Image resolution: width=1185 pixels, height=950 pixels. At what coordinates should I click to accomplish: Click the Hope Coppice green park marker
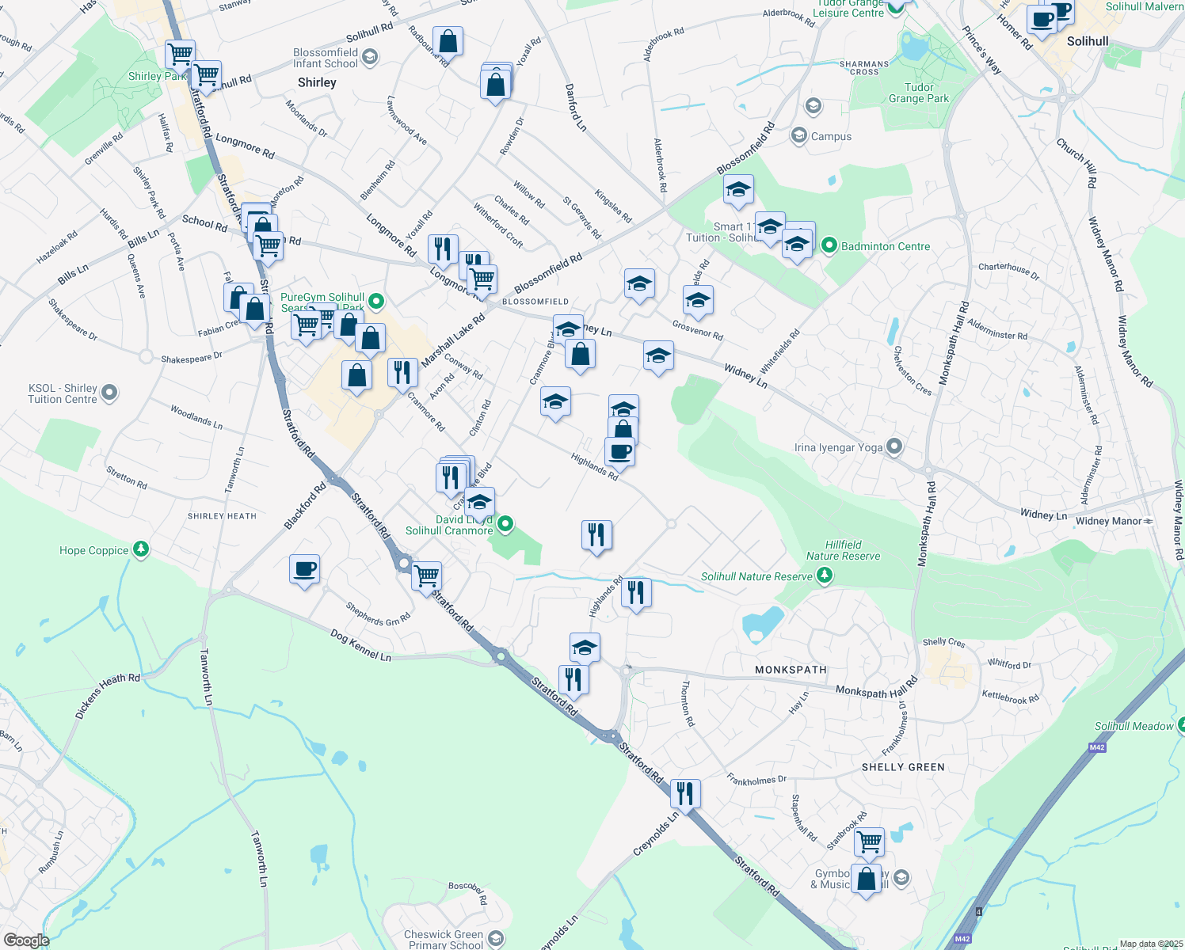[x=141, y=549]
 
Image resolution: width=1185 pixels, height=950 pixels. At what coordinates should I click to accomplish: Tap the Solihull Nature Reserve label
[x=756, y=576]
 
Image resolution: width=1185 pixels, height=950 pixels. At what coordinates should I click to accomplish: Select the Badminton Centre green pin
[x=829, y=246]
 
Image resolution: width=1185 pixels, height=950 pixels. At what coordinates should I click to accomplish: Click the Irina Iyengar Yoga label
[x=838, y=448]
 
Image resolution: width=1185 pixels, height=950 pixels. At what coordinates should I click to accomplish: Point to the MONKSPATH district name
[x=791, y=670]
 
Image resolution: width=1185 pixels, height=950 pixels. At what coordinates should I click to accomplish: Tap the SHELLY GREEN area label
[x=903, y=767]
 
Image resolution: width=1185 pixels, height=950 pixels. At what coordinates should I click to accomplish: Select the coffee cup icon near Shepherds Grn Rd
[x=305, y=569]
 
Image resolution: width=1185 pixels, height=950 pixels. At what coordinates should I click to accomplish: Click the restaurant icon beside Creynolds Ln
[x=685, y=792]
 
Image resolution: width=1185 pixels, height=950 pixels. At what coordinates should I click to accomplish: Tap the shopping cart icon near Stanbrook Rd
[x=869, y=841]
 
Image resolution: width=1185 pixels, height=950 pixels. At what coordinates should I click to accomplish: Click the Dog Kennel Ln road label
[x=360, y=646]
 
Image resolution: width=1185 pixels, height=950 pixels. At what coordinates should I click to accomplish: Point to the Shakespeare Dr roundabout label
[x=192, y=359]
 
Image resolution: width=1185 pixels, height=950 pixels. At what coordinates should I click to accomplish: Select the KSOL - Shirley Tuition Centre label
[x=63, y=393]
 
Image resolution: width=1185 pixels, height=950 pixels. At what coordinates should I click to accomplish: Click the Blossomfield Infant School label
[x=326, y=58]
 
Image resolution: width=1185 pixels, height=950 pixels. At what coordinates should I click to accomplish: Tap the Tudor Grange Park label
[x=919, y=93]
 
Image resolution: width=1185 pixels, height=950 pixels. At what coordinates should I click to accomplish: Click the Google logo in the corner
[x=27, y=940]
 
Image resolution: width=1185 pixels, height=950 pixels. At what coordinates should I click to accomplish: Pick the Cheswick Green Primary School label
[x=444, y=940]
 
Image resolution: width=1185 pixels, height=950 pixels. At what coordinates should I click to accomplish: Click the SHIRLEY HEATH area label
[x=222, y=516]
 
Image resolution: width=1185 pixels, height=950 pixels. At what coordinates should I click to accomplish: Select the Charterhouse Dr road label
[x=1008, y=270]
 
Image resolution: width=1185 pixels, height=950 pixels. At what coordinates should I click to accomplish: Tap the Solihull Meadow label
[x=1134, y=726]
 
